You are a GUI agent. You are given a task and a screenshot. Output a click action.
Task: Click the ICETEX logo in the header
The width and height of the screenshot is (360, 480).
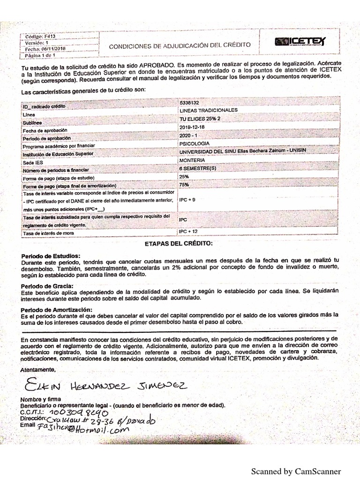(x=300, y=43)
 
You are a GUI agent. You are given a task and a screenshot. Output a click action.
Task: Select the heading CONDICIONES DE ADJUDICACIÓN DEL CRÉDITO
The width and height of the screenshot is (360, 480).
(x=180, y=45)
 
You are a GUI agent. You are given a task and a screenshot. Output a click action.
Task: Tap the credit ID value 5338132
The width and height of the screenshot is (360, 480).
(x=189, y=102)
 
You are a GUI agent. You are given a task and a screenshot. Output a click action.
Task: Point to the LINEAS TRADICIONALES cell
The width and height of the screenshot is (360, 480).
(x=208, y=110)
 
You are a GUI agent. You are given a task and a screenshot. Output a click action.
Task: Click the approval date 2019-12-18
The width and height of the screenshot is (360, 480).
(x=193, y=127)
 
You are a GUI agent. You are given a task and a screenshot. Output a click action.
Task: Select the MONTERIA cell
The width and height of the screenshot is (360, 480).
(x=192, y=160)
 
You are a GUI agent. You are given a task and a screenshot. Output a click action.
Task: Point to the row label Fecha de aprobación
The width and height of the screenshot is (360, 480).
(x=42, y=130)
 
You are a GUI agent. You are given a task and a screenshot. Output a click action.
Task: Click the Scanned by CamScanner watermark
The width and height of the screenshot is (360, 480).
(x=296, y=471)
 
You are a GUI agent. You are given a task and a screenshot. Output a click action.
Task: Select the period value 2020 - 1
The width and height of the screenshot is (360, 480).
(x=189, y=135)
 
